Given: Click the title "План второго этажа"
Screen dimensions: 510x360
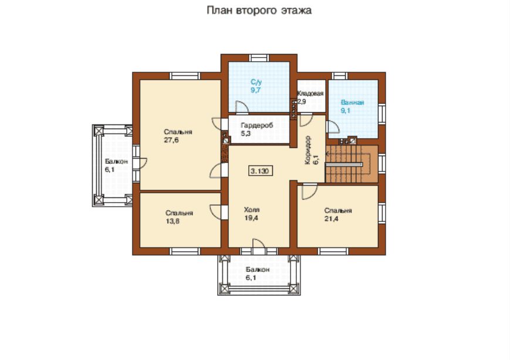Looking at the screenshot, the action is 259,11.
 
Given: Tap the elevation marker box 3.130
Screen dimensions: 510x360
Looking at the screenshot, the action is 261,171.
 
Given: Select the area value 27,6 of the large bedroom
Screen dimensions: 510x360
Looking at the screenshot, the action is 171,140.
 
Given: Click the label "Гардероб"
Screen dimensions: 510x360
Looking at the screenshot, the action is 257,125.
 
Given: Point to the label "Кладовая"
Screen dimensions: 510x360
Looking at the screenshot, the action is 310,94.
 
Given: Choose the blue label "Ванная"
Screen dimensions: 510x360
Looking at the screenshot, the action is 352,103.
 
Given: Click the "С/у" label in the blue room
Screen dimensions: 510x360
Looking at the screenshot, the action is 256,82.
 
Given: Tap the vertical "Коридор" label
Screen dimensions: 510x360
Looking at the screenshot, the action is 308,150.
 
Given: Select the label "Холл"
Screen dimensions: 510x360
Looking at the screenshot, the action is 252,210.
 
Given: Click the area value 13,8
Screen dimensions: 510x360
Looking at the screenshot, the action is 173,221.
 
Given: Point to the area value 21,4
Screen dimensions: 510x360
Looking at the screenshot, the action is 331,218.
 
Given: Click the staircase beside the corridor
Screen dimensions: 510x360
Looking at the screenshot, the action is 352,164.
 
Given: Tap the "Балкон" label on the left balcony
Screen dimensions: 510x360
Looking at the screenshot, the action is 116,162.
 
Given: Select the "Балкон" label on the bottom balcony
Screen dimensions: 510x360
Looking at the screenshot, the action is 258,270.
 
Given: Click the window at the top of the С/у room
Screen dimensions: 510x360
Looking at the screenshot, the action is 259,58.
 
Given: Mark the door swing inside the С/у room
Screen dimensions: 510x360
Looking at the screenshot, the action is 242,107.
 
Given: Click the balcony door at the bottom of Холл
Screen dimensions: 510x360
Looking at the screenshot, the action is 259,247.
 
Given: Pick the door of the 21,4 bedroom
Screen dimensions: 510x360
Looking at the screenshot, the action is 309,191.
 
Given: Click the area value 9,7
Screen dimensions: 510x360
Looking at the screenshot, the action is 256,90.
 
